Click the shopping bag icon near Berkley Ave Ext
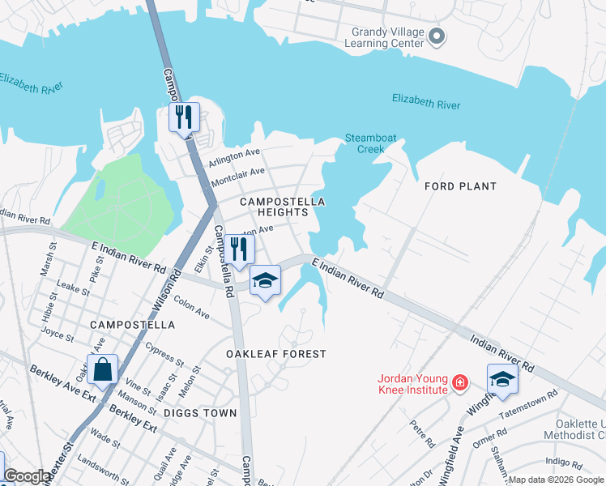(103, 371)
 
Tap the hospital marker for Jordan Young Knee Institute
(459, 382)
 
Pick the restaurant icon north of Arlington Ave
(184, 117)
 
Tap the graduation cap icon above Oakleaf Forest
(265, 281)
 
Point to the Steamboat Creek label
(371, 143)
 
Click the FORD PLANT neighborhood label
(460, 186)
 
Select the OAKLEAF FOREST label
(275, 354)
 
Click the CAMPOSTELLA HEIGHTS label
(282, 207)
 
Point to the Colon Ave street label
(191, 309)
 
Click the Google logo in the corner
(27, 476)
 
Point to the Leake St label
(74, 288)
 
